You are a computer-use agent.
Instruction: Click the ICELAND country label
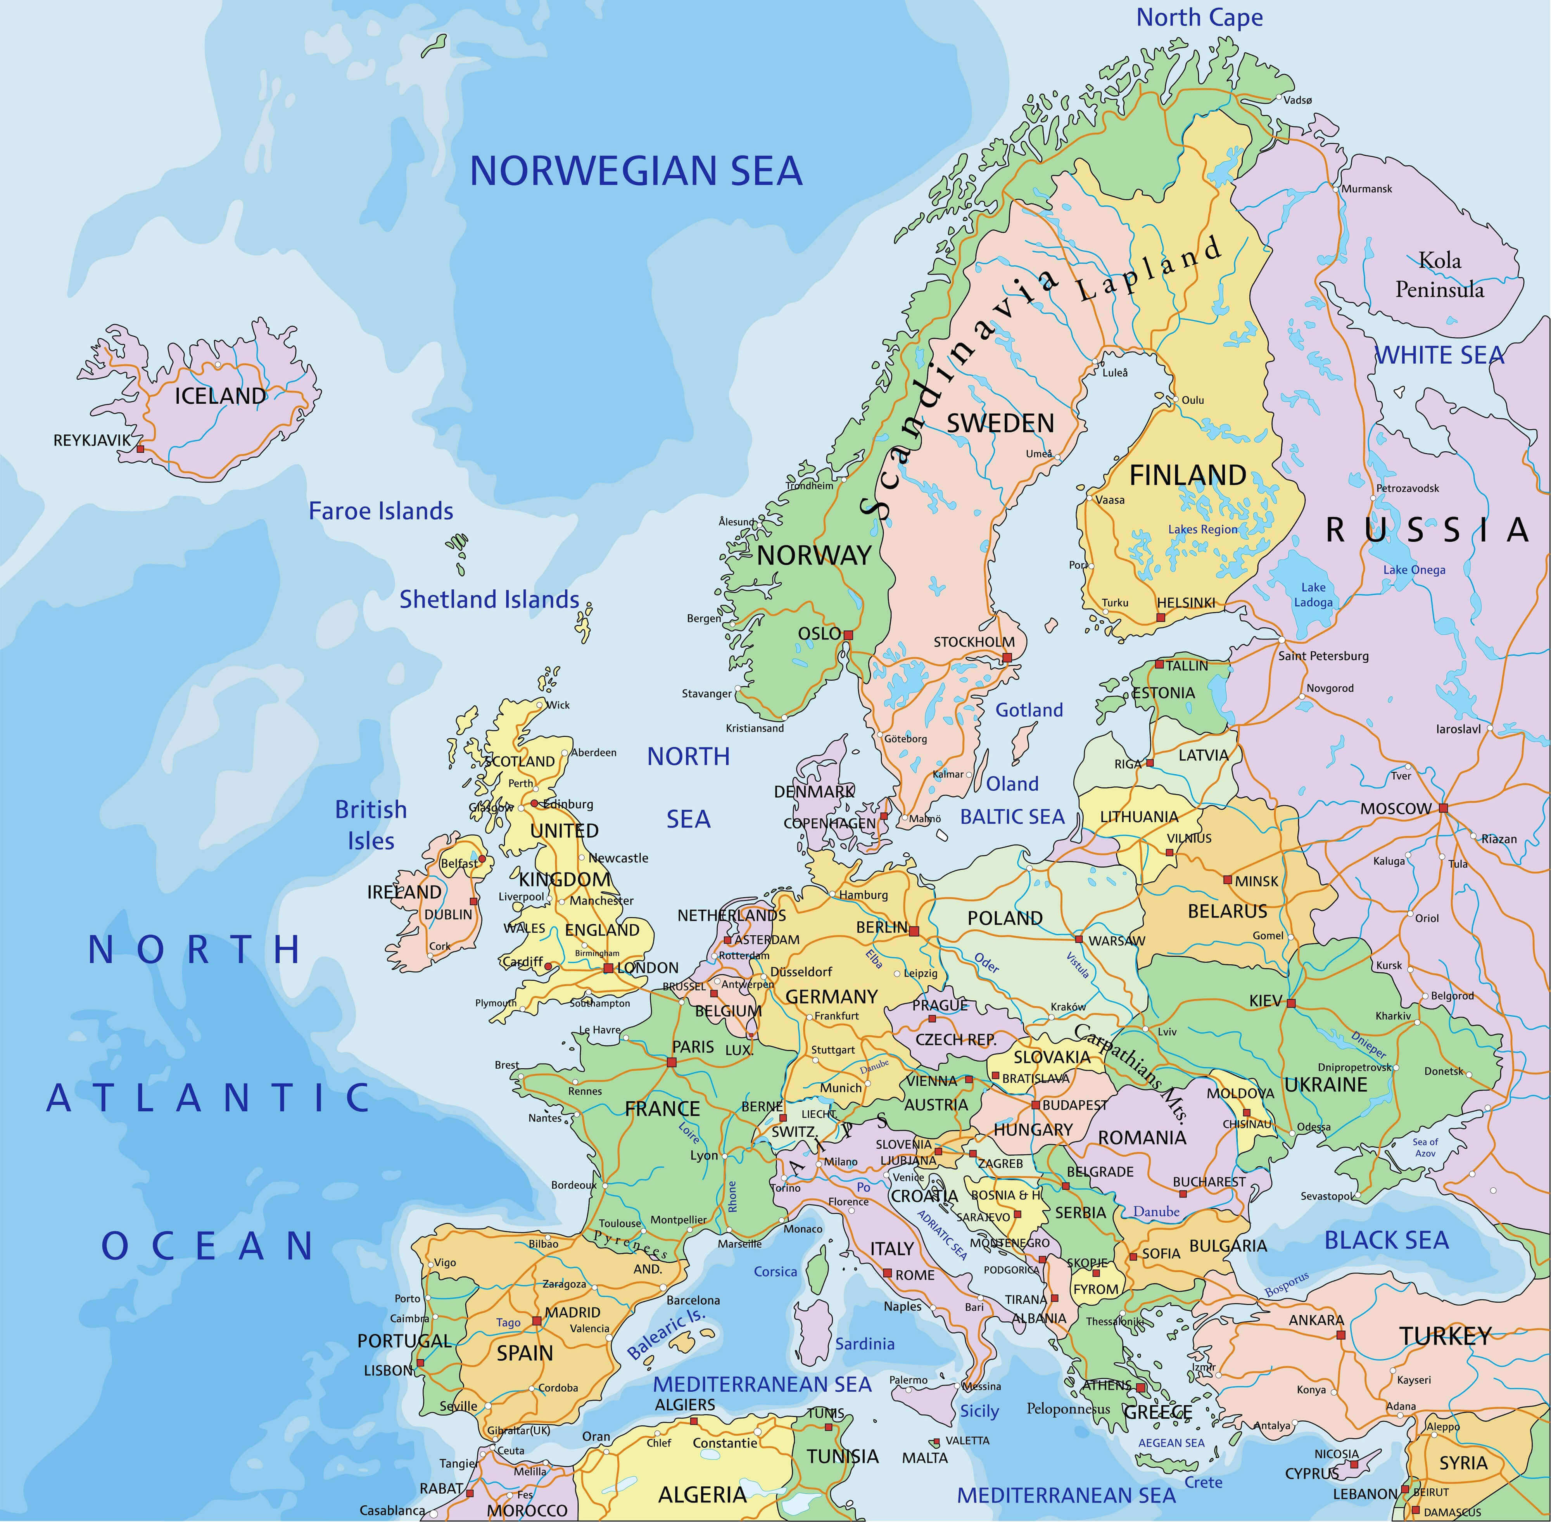click(x=220, y=396)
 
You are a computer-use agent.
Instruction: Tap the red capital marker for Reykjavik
click(x=141, y=449)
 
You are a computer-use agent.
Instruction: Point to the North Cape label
click(x=1199, y=17)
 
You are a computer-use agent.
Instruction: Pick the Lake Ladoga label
click(x=1313, y=595)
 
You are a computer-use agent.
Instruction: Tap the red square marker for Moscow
click(x=1443, y=808)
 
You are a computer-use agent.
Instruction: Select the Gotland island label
click(x=1029, y=710)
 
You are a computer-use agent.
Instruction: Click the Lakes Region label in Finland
click(x=1202, y=529)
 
